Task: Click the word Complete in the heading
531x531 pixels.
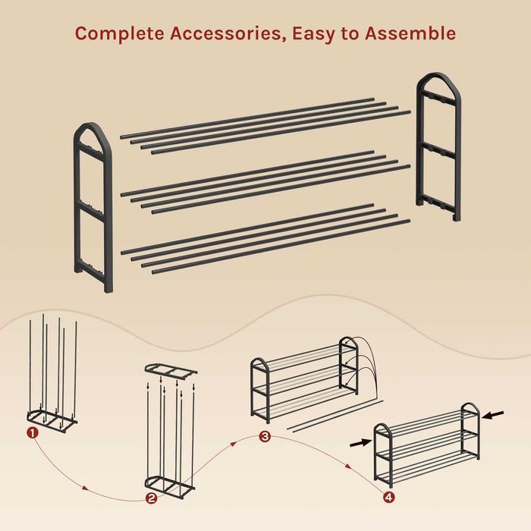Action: pos(120,33)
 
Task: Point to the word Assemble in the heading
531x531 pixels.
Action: pos(410,33)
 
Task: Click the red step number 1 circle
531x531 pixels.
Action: pos(33,432)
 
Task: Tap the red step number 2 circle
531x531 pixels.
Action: pos(151,498)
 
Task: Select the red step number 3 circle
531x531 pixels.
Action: pos(265,436)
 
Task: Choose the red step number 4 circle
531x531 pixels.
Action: pos(389,497)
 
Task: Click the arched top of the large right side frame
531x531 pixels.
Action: pos(438,76)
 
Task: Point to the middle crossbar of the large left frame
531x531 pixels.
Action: pos(92,209)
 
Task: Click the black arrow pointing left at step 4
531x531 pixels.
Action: pos(493,415)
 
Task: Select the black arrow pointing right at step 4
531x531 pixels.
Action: pos(361,442)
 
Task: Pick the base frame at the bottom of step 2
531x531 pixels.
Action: pos(170,485)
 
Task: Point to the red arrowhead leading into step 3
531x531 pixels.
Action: pos(234,443)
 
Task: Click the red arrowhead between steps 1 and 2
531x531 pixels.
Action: pos(85,488)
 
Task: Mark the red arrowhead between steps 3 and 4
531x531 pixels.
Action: pos(347,467)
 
